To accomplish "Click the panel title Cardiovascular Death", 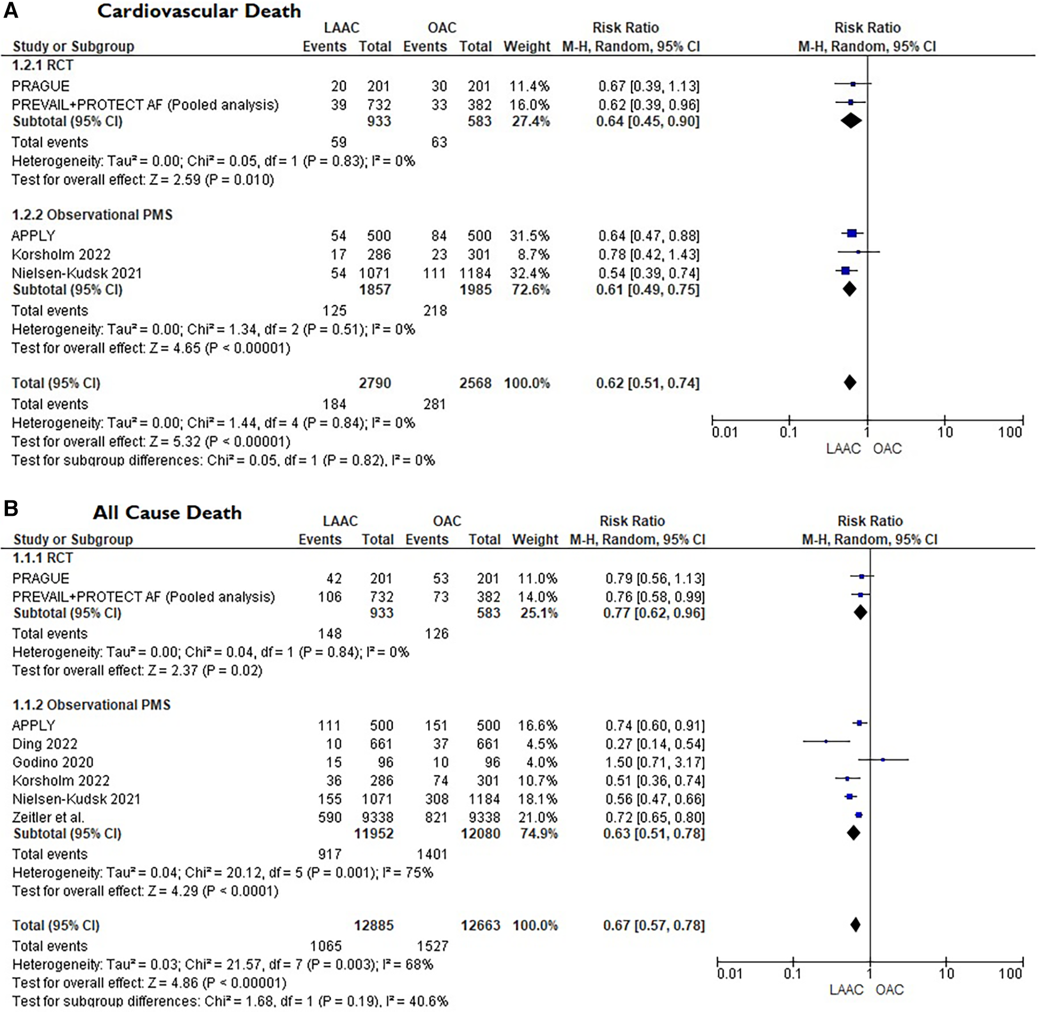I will click(x=199, y=12).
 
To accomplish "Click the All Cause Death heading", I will click(x=167, y=513).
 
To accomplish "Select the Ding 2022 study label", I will click(x=45, y=743).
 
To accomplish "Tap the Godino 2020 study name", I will click(x=53, y=762).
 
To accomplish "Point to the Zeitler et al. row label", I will click(x=48, y=817).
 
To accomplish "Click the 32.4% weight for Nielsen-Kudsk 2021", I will click(x=526, y=273).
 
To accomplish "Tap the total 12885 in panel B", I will click(x=374, y=925).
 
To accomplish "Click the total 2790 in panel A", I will click(x=375, y=383).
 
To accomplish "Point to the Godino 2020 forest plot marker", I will click(x=882, y=759).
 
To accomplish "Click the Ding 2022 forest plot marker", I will click(x=826, y=741).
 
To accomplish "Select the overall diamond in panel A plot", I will click(x=850, y=382).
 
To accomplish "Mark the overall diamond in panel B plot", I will click(x=855, y=925).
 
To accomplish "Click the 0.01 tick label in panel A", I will click(x=725, y=432).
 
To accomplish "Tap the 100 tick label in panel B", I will click(x=1010, y=974).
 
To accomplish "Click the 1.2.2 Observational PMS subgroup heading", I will click(x=92, y=215).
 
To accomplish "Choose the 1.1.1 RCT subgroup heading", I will click(x=43, y=558).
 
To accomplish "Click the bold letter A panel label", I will click(x=11, y=11).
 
